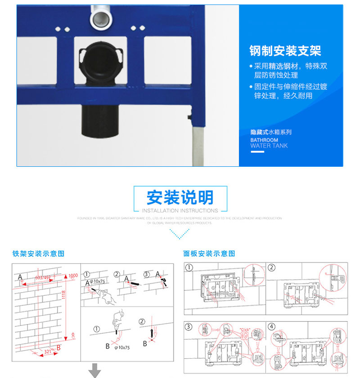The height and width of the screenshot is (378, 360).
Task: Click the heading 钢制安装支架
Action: point(285,50)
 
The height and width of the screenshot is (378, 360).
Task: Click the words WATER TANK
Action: point(269,146)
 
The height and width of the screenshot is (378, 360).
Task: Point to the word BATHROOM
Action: point(264,140)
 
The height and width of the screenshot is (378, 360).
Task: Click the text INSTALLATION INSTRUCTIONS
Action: point(180,210)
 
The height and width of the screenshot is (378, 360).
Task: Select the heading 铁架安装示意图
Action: point(38,254)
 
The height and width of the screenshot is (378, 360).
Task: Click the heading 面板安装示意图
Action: point(209,254)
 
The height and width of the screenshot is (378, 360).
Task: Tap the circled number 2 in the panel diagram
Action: point(271,268)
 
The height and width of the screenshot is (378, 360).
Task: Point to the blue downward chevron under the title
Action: point(180,234)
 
